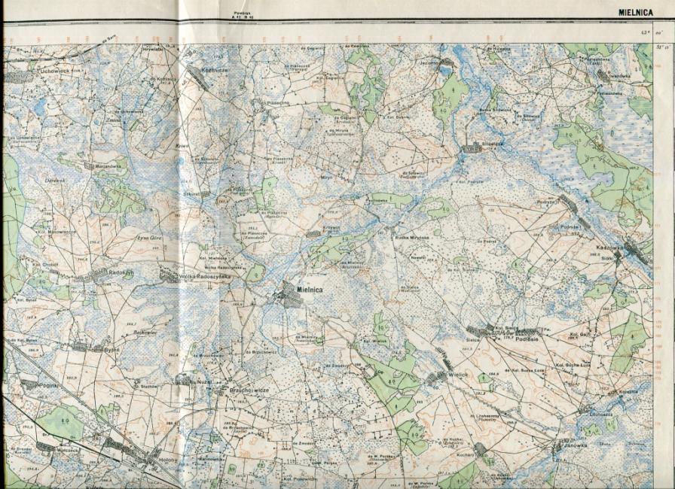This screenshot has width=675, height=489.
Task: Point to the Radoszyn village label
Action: point(121,272)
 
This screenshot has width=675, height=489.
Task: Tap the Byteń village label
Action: point(111,349)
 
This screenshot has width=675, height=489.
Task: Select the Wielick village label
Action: point(457,374)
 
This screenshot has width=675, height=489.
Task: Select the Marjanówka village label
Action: point(105,166)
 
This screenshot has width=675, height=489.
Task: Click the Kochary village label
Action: point(465,455)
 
